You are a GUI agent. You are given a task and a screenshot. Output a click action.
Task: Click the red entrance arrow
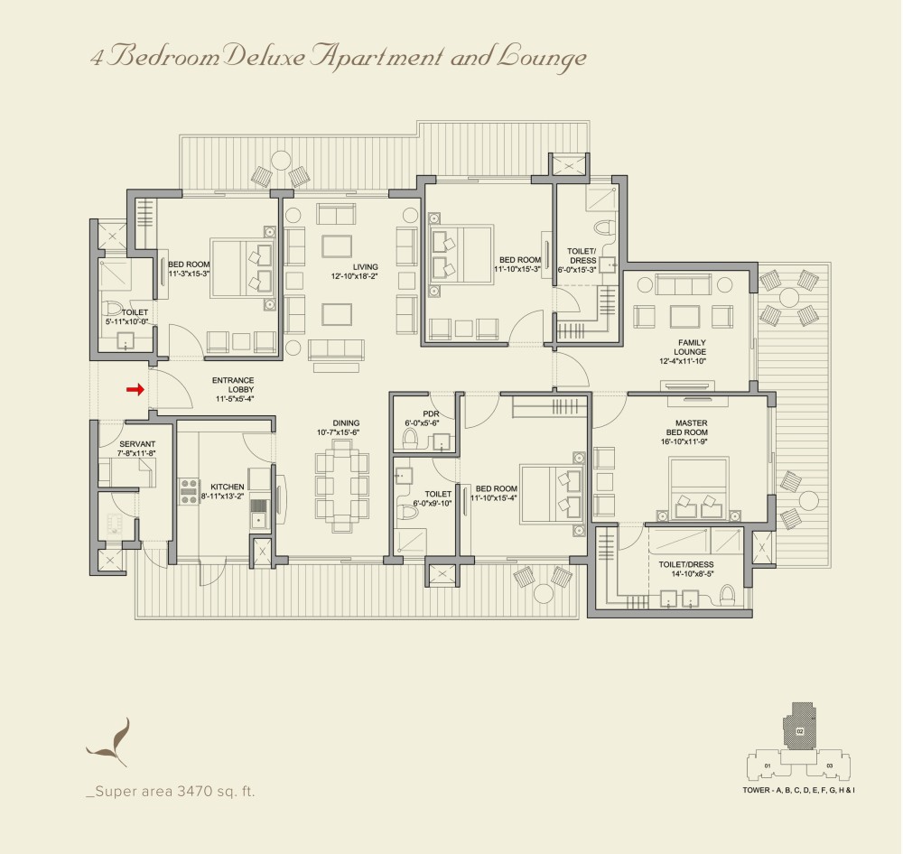(x=135, y=390)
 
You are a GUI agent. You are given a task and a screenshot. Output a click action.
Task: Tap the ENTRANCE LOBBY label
(x=233, y=385)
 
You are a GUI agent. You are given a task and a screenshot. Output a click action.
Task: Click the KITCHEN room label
(x=227, y=487)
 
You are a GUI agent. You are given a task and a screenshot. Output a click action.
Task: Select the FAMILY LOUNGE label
(x=691, y=348)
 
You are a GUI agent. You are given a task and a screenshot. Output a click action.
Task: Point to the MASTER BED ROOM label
(x=688, y=427)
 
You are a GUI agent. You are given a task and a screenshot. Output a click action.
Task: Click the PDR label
(x=431, y=414)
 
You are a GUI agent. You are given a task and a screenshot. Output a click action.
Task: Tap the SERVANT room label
(x=137, y=444)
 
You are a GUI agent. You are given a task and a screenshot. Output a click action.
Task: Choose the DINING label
(x=346, y=422)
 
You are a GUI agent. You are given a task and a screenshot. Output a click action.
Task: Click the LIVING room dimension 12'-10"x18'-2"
(x=354, y=276)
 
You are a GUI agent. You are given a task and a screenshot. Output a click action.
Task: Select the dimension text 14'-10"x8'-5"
(x=693, y=573)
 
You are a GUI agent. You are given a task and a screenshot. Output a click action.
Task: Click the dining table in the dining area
(x=342, y=486)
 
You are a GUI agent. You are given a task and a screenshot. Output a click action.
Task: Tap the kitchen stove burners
(x=189, y=491)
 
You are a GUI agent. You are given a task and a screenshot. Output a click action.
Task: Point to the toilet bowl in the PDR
(x=410, y=439)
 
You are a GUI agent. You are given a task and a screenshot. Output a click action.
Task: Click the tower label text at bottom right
(x=798, y=790)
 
